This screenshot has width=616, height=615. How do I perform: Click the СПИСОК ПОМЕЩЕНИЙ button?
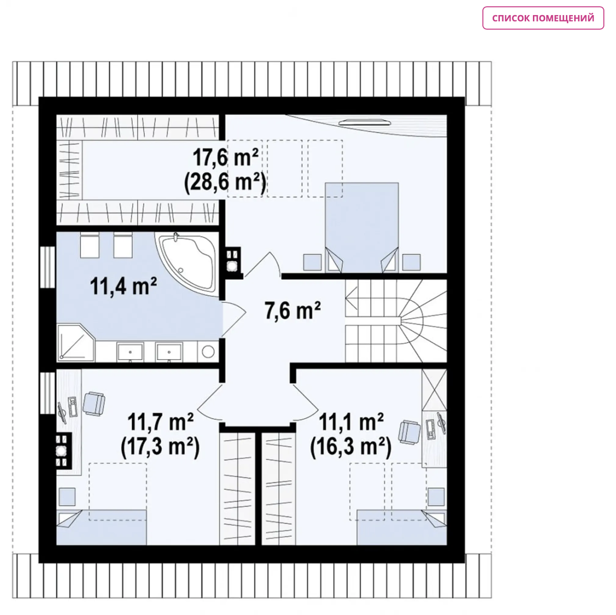pos(543,18)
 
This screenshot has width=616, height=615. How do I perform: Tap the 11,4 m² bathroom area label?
pos(123,286)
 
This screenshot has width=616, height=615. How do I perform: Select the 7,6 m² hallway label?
pos(292,310)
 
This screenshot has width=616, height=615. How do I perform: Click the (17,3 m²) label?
pos(160,447)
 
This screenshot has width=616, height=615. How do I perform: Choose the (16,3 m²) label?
pos(351,447)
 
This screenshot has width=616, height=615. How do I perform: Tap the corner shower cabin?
pos(76,343)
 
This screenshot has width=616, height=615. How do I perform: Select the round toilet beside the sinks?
pos(208,352)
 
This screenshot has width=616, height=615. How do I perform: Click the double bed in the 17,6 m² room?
pos(361,227)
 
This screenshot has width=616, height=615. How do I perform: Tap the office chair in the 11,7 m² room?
pos(94,404)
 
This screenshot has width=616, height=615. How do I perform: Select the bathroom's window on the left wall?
pos(48,267)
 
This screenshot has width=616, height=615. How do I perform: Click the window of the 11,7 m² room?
pos(48,393)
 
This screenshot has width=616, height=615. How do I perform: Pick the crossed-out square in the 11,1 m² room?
pos(434,390)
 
